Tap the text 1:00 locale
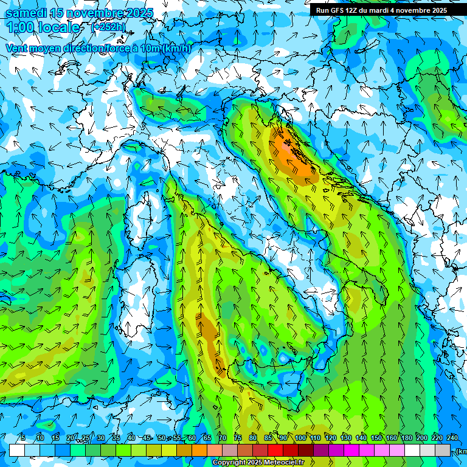pyautogui.click(x=43, y=28)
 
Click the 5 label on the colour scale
pyautogui.click(x=22, y=438)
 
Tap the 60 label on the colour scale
pyautogui.click(x=192, y=438)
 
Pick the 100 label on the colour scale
pyautogui.click(x=300, y=438)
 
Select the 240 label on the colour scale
pyautogui.click(x=452, y=438)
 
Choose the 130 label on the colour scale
pyautogui.click(x=346, y=438)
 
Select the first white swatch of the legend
pyautogui.click(x=17, y=450)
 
